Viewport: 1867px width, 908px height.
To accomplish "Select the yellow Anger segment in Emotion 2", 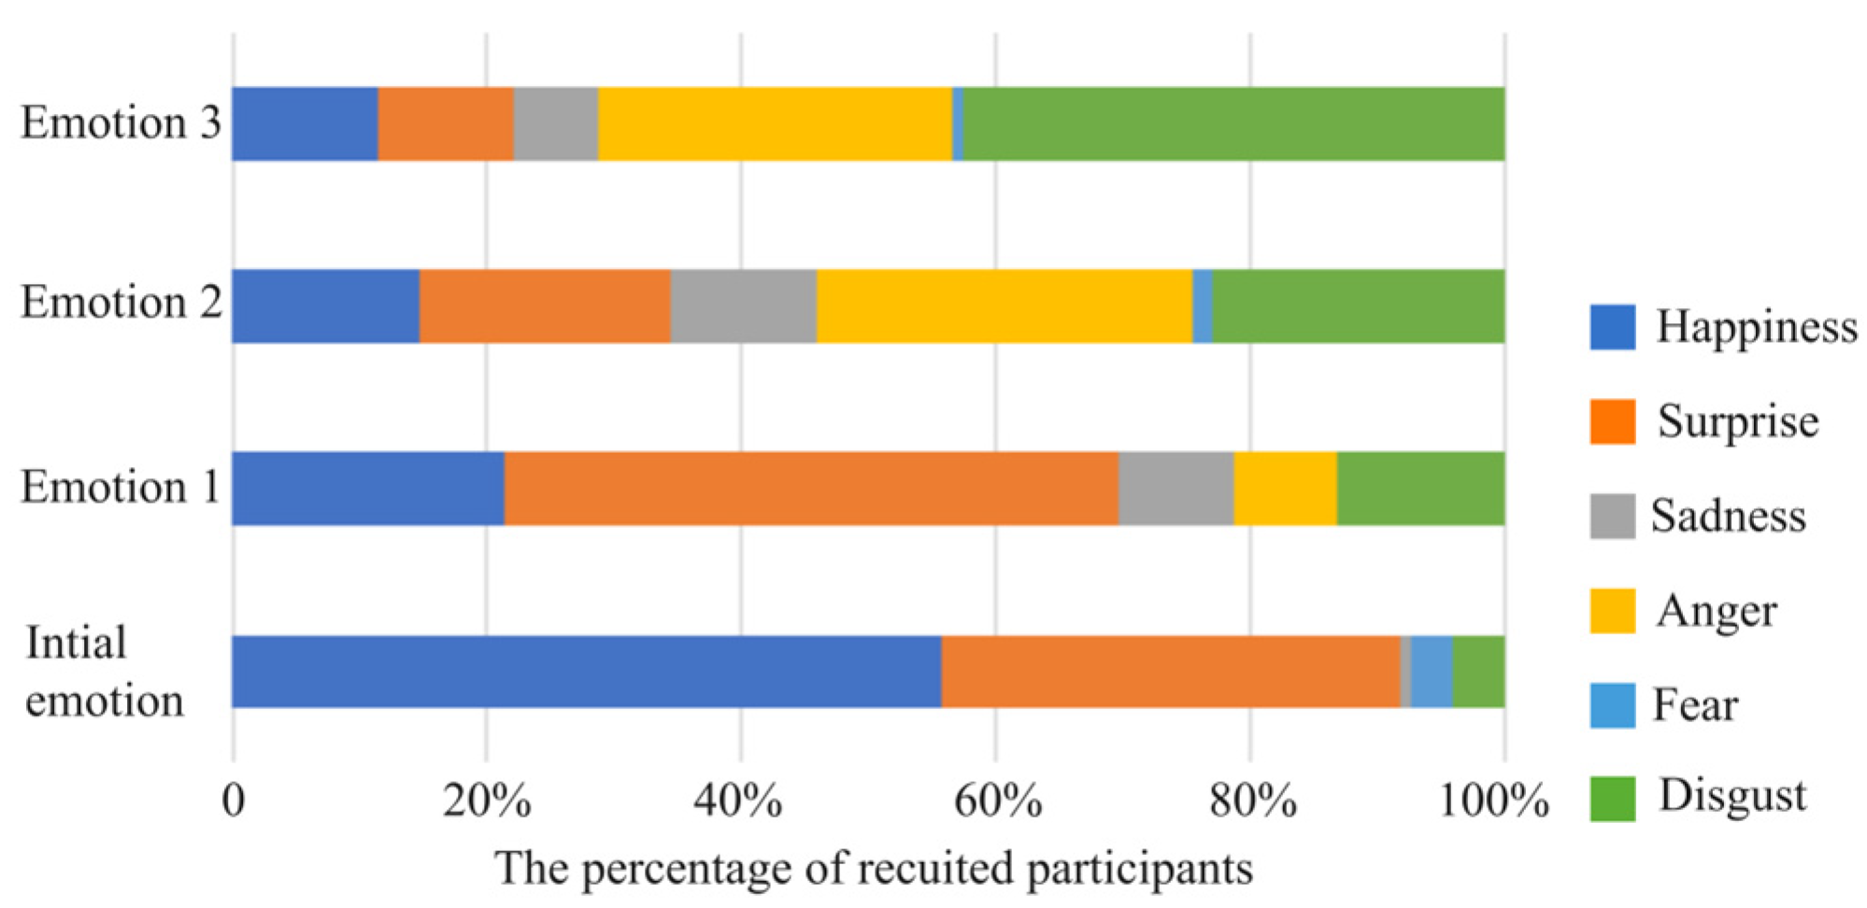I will (x=1004, y=306).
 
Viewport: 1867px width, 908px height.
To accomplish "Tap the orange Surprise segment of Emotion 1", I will (x=810, y=489).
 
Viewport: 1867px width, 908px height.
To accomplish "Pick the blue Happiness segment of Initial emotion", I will (x=586, y=672).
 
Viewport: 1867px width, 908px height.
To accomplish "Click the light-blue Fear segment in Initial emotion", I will (x=1431, y=672).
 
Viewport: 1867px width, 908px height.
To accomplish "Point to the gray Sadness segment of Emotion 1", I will (x=1176, y=489).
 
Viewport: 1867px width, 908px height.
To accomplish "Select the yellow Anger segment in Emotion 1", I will (x=1285, y=489).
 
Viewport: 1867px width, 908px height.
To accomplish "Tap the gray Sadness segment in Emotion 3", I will (x=555, y=124).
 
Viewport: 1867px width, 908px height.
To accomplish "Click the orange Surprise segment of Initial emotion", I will (x=1170, y=672).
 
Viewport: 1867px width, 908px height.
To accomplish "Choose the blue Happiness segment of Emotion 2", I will (x=325, y=306).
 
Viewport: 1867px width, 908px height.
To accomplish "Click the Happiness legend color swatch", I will (x=1612, y=327).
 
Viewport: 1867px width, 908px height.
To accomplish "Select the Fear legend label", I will (x=1695, y=705).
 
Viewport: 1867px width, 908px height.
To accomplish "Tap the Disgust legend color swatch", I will (x=1612, y=799).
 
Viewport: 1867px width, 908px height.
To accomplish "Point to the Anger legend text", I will (x=1716, y=612).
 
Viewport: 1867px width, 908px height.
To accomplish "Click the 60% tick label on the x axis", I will (x=997, y=802).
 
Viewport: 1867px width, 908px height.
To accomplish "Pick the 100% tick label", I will (x=1492, y=802).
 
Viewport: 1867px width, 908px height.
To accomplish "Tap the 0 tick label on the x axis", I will (x=234, y=802).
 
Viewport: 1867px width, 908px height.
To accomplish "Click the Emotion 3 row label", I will (x=121, y=123).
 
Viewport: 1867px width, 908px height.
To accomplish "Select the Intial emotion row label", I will (x=104, y=672).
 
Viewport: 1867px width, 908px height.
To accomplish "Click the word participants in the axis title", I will (x=1139, y=870).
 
